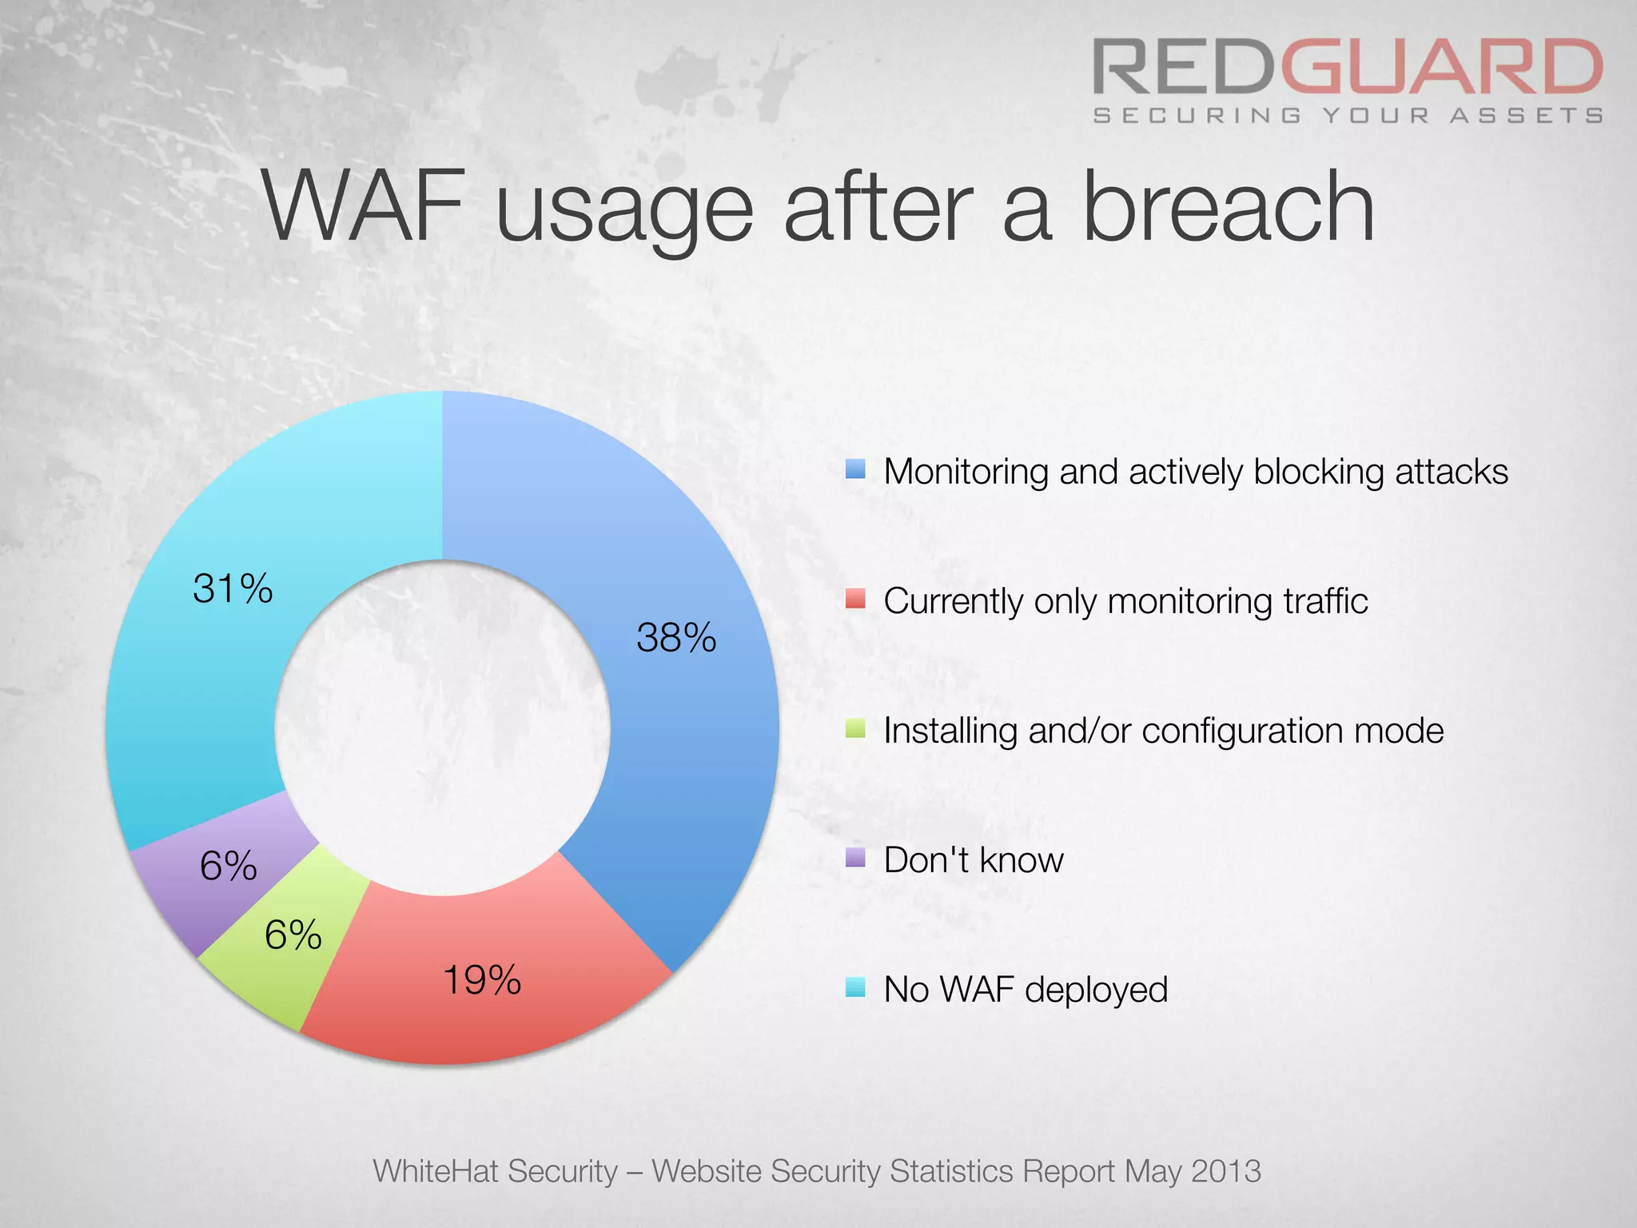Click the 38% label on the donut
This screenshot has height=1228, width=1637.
(676, 638)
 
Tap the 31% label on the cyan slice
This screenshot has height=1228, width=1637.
(233, 589)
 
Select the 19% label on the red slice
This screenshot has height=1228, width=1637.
(482, 980)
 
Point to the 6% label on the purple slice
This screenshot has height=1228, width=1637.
(229, 867)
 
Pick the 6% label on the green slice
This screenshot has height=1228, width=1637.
(293, 935)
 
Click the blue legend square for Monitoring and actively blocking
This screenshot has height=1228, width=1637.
(855, 469)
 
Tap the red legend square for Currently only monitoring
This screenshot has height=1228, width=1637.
(855, 599)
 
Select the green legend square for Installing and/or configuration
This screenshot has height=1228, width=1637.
(855, 728)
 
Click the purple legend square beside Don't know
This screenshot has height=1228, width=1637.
(855, 858)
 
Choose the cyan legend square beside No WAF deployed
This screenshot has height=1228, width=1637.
(855, 987)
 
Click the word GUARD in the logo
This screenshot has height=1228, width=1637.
(1443, 67)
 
